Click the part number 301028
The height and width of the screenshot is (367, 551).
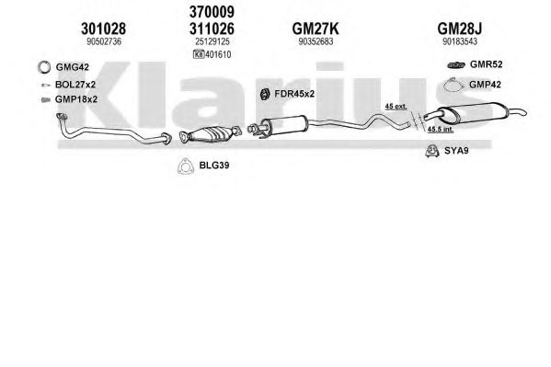103,29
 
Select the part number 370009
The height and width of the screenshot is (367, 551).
212,12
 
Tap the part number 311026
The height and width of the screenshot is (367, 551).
212,29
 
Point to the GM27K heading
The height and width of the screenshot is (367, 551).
316,29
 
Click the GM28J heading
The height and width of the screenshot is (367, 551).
460,29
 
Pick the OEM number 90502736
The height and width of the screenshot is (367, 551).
104,41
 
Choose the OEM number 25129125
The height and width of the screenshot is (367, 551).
212,41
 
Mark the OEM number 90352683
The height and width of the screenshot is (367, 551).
316,41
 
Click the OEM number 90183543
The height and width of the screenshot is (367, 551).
460,41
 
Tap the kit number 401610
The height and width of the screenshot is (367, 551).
218,54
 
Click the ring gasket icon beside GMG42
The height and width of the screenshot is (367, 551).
44,67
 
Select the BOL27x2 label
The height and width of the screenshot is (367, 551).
75,85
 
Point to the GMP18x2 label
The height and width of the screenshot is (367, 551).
76,99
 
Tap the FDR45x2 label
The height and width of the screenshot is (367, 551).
294,94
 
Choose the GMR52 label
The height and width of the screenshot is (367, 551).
486,64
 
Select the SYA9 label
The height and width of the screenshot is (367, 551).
456,151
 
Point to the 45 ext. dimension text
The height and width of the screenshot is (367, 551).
396,106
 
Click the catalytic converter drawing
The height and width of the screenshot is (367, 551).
211,134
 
